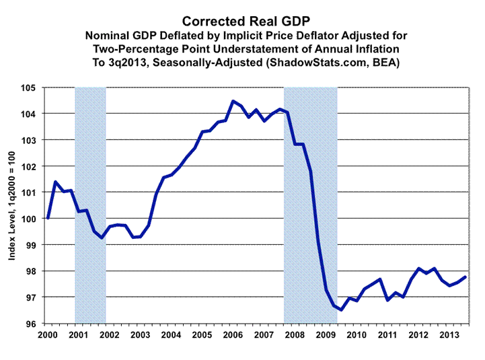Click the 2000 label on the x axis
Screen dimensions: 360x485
pyautogui.click(x=47, y=334)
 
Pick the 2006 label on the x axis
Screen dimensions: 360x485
pyautogui.click(x=233, y=334)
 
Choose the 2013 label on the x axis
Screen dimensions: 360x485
pyautogui.click(x=449, y=334)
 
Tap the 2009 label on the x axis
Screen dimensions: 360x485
pyautogui.click(x=326, y=334)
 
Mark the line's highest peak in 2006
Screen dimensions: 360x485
pyautogui.click(x=233, y=102)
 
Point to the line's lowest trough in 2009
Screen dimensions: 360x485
pyautogui.click(x=341, y=310)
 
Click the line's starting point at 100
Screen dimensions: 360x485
pyautogui.click(x=48, y=219)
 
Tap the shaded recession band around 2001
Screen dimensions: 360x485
pyautogui.click(x=90, y=202)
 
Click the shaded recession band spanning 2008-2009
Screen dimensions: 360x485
pyautogui.click(x=310, y=202)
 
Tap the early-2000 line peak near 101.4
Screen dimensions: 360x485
pyautogui.click(x=55, y=182)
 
